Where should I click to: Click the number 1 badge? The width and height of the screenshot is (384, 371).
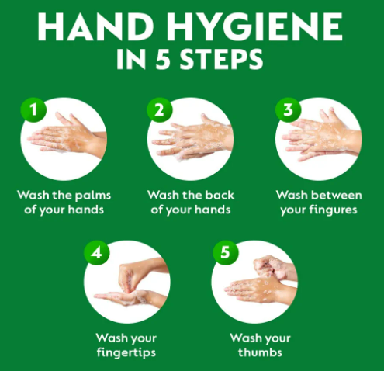33,109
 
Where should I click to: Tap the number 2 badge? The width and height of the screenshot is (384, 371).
160,109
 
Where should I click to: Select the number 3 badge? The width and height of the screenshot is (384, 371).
288,109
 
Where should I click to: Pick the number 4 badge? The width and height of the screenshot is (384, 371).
97,252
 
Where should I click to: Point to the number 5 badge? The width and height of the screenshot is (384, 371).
226,252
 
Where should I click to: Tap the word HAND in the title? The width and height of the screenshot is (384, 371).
95,27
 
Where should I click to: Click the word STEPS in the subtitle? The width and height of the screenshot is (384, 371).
221,60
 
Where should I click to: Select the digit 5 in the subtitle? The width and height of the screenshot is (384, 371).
163,60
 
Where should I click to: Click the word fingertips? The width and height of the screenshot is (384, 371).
126,353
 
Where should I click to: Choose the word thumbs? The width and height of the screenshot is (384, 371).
260,352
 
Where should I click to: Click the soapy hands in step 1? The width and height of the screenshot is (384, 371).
66,136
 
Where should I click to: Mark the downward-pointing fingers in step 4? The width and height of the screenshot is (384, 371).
129,279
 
